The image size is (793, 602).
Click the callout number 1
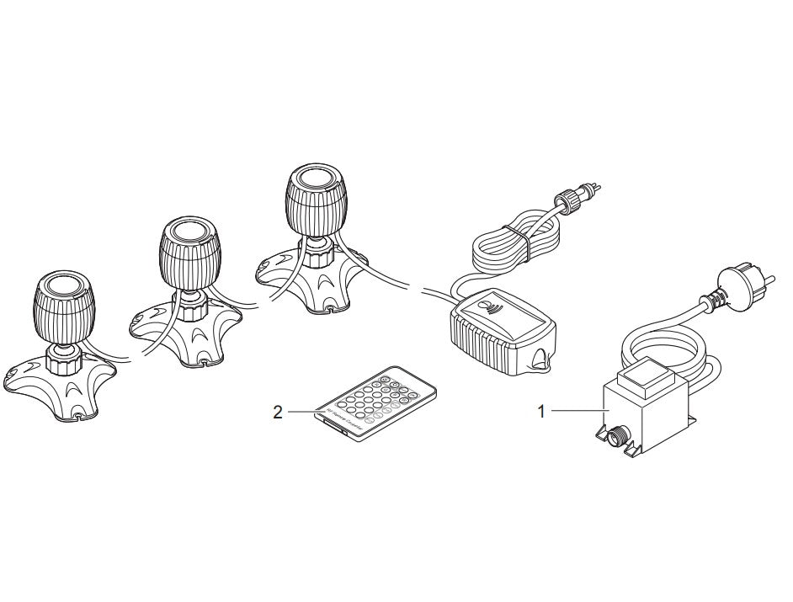click(542, 411)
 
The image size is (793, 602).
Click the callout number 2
click(278, 412)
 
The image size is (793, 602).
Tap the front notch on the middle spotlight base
click(207, 364)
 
